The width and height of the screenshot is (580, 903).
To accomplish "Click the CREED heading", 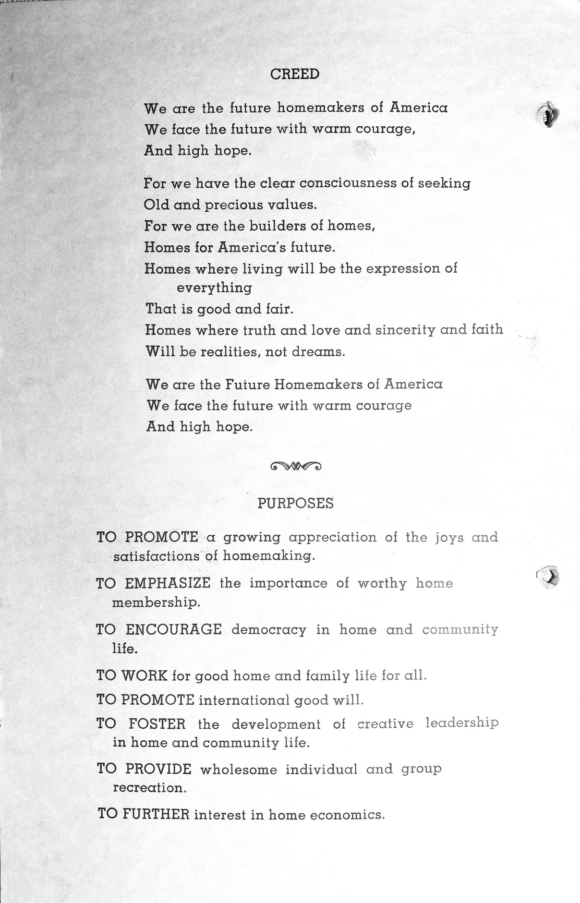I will pyautogui.click(x=295, y=74).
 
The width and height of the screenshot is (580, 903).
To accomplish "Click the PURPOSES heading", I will pyautogui.click(x=295, y=503).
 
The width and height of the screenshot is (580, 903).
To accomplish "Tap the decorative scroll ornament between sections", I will pyautogui.click(x=296, y=465).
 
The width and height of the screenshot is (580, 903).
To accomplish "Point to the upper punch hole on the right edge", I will pyautogui.click(x=546, y=114).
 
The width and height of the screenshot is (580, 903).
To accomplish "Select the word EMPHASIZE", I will pyautogui.click(x=168, y=583).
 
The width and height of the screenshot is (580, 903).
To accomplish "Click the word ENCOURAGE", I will pyautogui.click(x=173, y=629).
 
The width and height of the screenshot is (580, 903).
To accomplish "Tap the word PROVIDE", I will pyautogui.click(x=158, y=769).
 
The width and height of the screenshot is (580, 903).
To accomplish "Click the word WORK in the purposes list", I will pyautogui.click(x=144, y=676).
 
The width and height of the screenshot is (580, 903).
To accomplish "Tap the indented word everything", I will pyautogui.click(x=214, y=288).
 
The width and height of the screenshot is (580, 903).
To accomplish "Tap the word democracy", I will pyautogui.click(x=268, y=630).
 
